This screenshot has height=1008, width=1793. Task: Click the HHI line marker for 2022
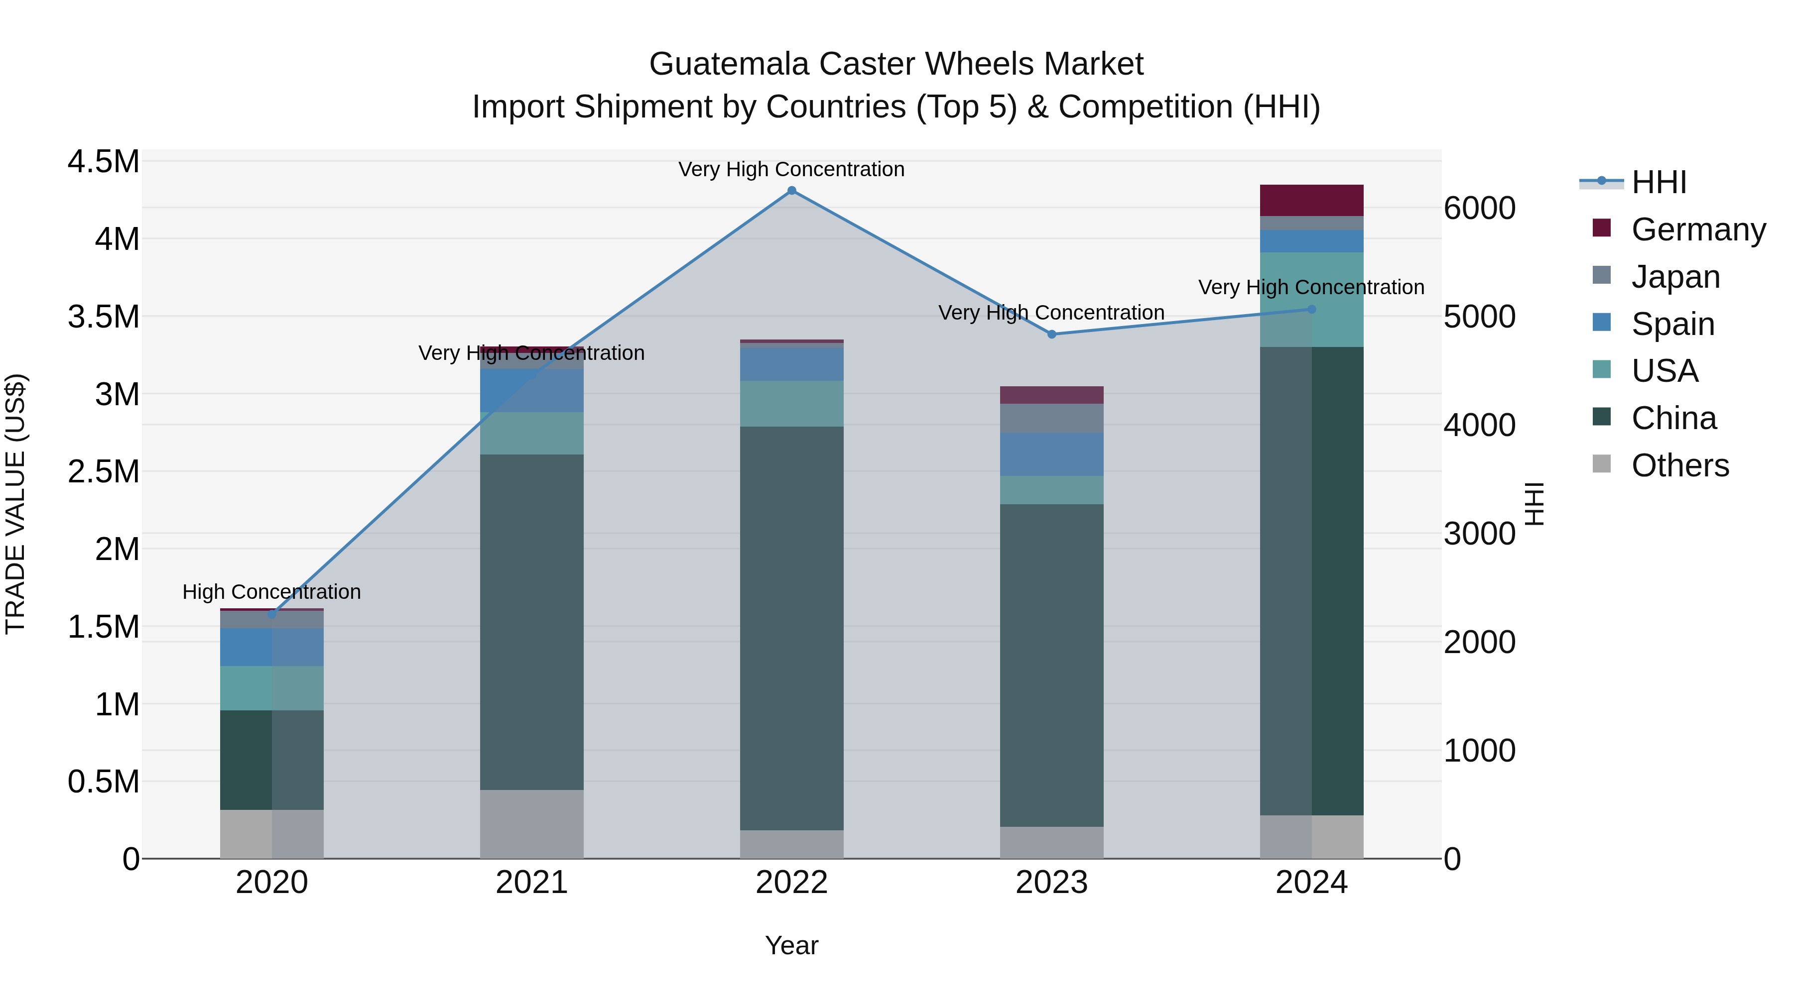[791, 191]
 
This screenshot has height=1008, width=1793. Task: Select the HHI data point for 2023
[1052, 335]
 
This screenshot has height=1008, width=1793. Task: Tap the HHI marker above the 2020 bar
[271, 614]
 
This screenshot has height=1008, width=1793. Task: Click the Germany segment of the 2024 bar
[1311, 200]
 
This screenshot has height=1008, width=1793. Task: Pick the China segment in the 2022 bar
[791, 626]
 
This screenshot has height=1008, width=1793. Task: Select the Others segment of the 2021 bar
[532, 824]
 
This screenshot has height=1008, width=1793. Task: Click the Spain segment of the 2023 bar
[1052, 454]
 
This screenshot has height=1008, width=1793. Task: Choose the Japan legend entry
[1674, 277]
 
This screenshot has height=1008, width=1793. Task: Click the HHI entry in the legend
[1658, 182]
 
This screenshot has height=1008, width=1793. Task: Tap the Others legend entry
[1679, 465]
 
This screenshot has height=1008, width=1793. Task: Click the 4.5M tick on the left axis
[103, 162]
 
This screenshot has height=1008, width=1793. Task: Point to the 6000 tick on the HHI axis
[1479, 208]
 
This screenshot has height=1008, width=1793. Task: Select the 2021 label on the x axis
[532, 883]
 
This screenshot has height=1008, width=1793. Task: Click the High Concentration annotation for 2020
[271, 592]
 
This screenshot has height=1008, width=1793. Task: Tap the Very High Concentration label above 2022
[791, 169]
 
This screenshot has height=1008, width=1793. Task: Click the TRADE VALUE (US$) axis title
[15, 504]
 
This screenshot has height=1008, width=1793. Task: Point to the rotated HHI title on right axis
[1534, 504]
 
